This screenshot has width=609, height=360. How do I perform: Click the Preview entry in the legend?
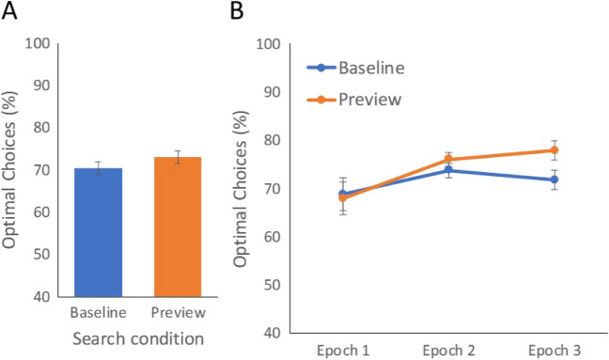(x=367, y=98)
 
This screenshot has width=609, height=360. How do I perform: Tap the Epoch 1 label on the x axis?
(x=343, y=350)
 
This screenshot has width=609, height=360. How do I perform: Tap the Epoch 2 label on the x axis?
(x=449, y=350)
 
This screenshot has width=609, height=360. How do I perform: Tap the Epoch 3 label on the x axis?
(x=554, y=350)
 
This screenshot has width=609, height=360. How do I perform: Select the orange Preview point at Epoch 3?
(x=554, y=150)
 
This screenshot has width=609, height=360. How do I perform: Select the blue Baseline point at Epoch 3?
(x=554, y=180)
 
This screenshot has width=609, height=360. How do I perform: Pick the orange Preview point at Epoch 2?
(x=449, y=160)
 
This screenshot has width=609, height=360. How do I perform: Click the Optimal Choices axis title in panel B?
(x=241, y=188)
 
